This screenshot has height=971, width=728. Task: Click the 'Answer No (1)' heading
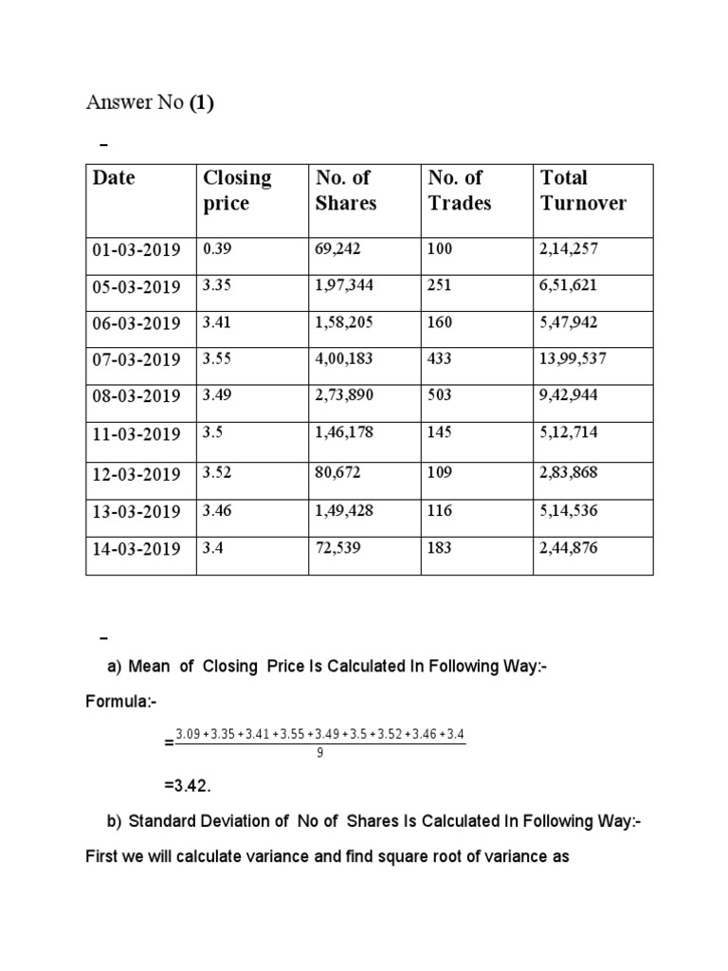(150, 103)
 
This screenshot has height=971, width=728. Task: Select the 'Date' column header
(113, 177)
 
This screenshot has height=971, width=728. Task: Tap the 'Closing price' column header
(236, 190)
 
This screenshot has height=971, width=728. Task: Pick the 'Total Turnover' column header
(582, 190)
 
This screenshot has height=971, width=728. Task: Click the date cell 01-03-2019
(136, 249)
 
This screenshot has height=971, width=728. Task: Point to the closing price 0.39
(216, 248)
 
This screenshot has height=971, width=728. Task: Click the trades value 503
(441, 395)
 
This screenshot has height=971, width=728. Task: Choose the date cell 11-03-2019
(136, 434)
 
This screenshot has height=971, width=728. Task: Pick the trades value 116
(441, 510)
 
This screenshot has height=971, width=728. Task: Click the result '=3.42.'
(186, 786)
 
